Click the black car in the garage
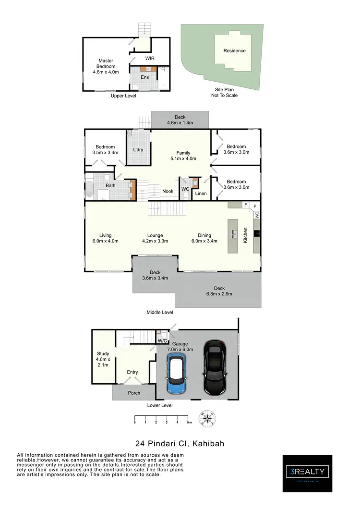pyautogui.click(x=215, y=367)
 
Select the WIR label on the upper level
pyautogui.click(x=150, y=60)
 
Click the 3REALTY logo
pyautogui.click(x=307, y=473)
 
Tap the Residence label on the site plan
pyautogui.click(x=234, y=51)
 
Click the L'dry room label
pyautogui.click(x=138, y=150)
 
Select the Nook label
pyautogui.click(x=168, y=191)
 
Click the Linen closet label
pyautogui.click(x=201, y=194)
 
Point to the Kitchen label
pyautogui.click(x=245, y=235)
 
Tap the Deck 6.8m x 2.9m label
pyautogui.click(x=219, y=291)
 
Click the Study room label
pyautogui.click(x=103, y=359)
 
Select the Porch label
pyautogui.click(x=134, y=393)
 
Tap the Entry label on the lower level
pyautogui.click(x=132, y=372)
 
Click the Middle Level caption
pyautogui.click(x=160, y=312)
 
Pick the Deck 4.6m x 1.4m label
pyautogui.click(x=180, y=120)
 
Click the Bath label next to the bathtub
pyautogui.click(x=110, y=185)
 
